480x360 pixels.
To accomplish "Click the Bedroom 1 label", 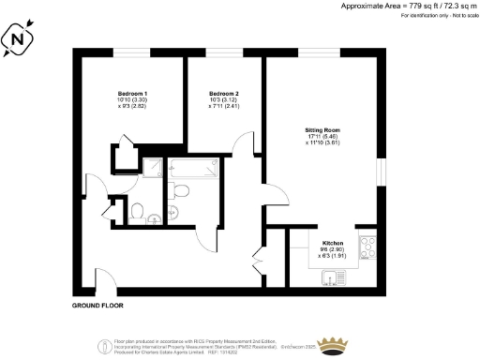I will pos(132,95).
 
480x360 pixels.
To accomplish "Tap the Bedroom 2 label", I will pos(223,95).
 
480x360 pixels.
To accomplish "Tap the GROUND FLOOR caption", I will pos(97,306).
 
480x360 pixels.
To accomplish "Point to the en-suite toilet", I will pos(137,211).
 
